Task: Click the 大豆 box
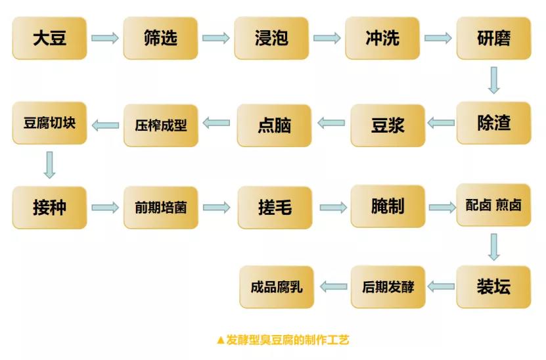click(x=49, y=38)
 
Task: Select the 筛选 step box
click(x=160, y=38)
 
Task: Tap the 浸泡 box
click(x=271, y=38)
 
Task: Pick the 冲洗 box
click(x=382, y=38)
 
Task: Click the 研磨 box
click(x=493, y=38)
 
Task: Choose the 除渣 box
click(x=493, y=123)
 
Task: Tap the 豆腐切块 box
click(x=49, y=123)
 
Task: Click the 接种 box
click(x=49, y=207)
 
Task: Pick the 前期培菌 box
click(x=161, y=207)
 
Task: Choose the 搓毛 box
click(x=275, y=207)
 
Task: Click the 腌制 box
click(x=388, y=206)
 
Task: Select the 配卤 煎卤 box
click(x=493, y=205)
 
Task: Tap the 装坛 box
click(x=493, y=287)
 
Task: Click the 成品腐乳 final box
click(x=277, y=287)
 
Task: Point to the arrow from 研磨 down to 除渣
click(x=493, y=80)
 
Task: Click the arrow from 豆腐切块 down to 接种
click(x=49, y=164)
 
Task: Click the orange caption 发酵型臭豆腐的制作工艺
click(x=283, y=340)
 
